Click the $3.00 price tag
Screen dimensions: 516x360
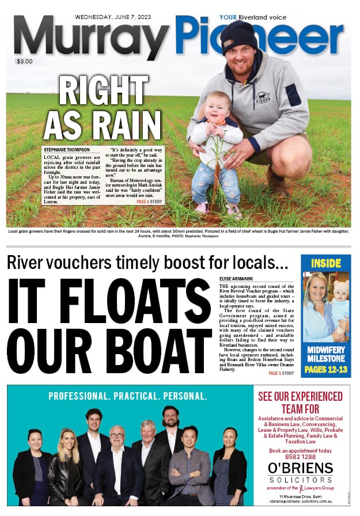point(25,62)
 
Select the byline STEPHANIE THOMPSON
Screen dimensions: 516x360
point(67,150)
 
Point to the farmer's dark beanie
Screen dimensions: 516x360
point(239,37)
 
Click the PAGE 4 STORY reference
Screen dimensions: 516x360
point(150,202)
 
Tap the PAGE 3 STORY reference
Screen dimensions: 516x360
point(281,373)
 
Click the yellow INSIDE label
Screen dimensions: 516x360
point(326,263)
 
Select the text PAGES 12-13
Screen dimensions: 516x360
point(326,370)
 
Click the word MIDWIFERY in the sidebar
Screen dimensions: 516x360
point(326,350)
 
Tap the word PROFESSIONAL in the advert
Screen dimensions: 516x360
point(78,396)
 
